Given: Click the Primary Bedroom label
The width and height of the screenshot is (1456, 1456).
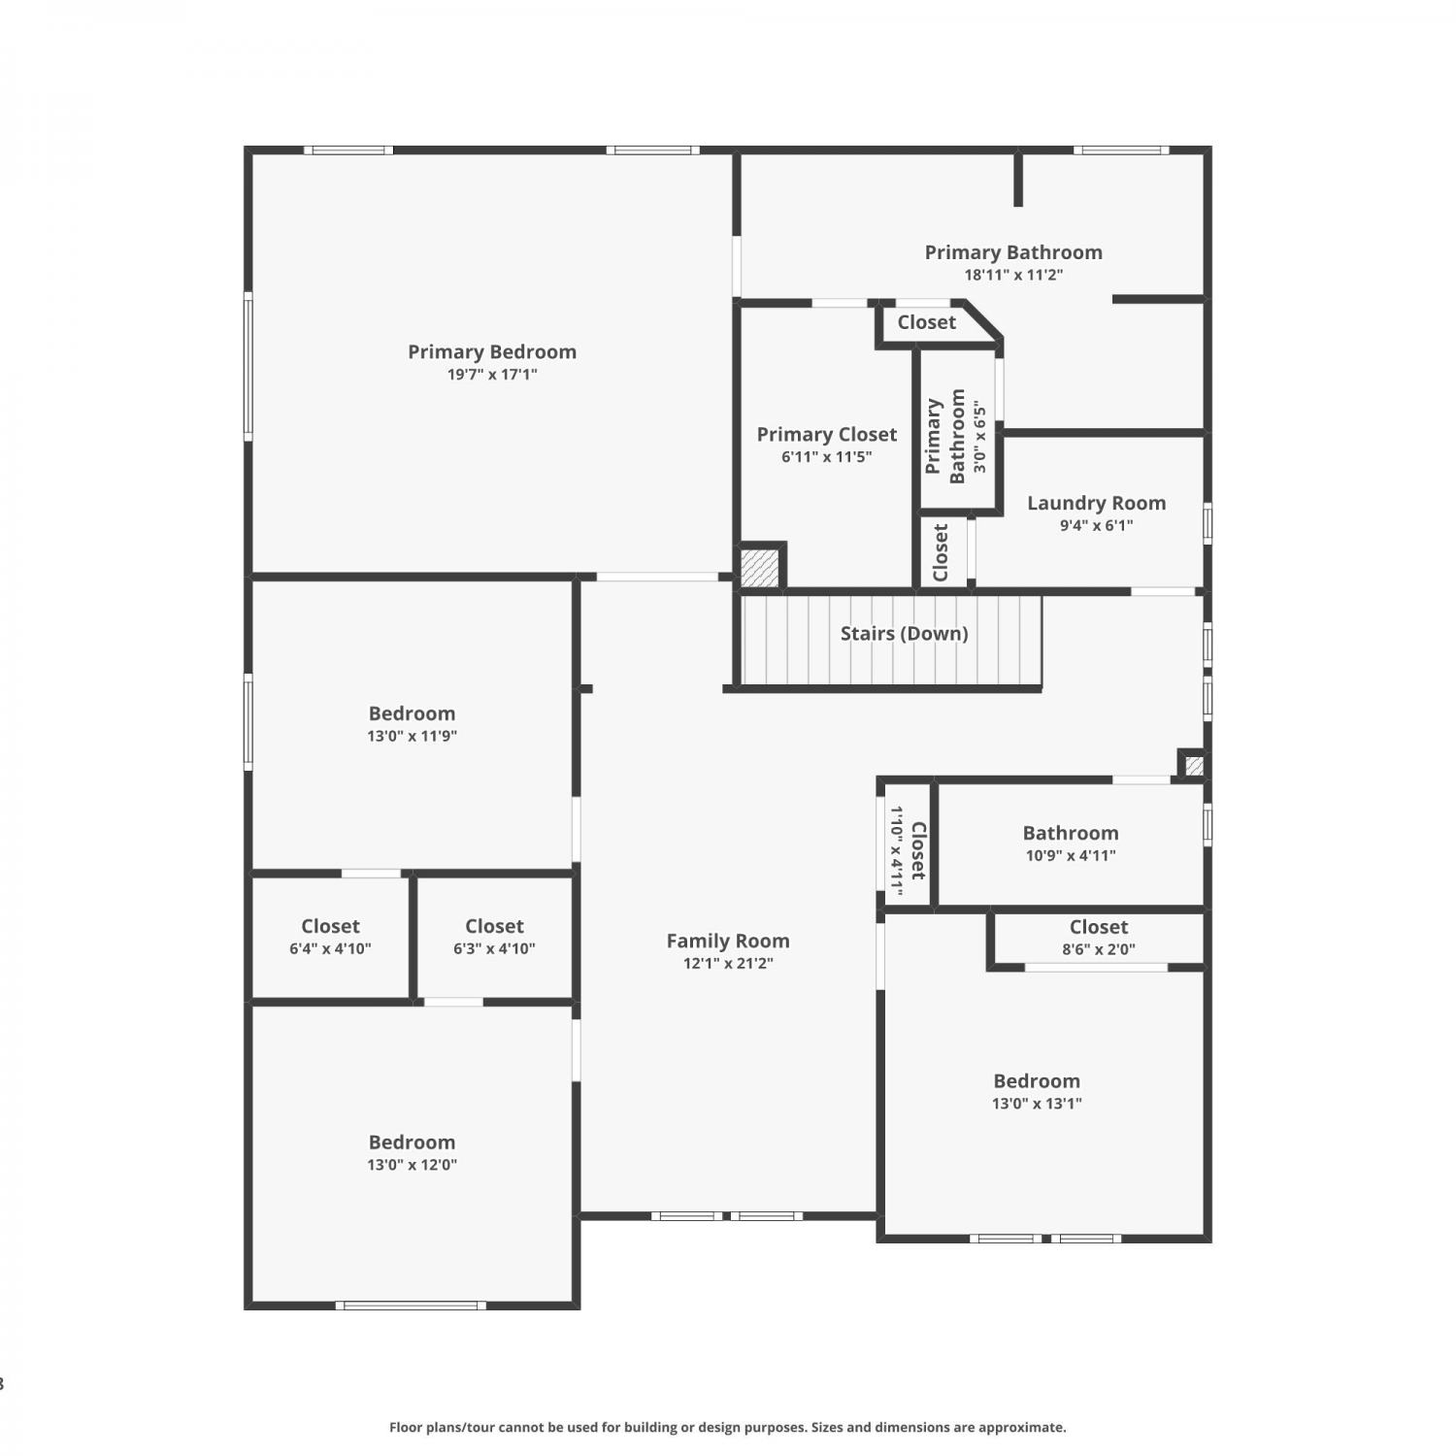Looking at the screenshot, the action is tap(492, 351).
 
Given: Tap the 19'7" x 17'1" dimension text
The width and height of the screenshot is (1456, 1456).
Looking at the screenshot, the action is tap(492, 375).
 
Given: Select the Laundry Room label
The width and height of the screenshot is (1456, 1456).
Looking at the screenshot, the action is tap(1097, 503).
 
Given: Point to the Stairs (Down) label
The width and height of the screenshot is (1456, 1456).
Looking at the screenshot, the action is tap(905, 634).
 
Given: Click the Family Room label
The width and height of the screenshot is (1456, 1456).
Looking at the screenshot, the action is tap(728, 941).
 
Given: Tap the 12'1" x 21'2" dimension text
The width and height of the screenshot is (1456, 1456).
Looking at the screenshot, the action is tap(728, 964).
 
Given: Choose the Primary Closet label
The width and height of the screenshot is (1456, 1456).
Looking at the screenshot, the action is tap(827, 434).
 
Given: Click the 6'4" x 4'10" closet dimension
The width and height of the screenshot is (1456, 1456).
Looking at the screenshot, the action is tap(330, 949).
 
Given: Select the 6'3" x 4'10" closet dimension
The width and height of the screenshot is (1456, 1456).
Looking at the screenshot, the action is tap(494, 949).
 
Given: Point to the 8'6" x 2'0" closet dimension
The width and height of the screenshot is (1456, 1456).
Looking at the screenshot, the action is tap(1099, 950).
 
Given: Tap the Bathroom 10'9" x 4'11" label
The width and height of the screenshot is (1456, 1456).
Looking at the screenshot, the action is tap(1071, 844).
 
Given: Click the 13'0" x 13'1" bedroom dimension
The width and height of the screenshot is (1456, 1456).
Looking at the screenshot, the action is tap(1037, 1104).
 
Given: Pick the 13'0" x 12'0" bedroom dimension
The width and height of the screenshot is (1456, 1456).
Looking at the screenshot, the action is tap(412, 1166).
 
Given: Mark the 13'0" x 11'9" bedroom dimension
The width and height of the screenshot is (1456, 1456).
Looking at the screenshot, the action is tap(412, 737).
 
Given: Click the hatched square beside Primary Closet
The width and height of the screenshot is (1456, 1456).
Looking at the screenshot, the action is tap(760, 568).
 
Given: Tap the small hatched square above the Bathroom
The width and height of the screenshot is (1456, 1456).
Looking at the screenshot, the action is tap(1195, 766).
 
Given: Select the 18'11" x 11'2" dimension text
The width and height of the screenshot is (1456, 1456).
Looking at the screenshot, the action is tap(1013, 276).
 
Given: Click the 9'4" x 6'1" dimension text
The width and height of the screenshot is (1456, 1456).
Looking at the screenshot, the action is tap(1097, 526).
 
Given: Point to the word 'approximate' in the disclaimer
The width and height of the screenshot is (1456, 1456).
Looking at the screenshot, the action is tap(1022, 1428).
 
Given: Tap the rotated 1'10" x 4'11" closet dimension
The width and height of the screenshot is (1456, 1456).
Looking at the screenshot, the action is tap(897, 850).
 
